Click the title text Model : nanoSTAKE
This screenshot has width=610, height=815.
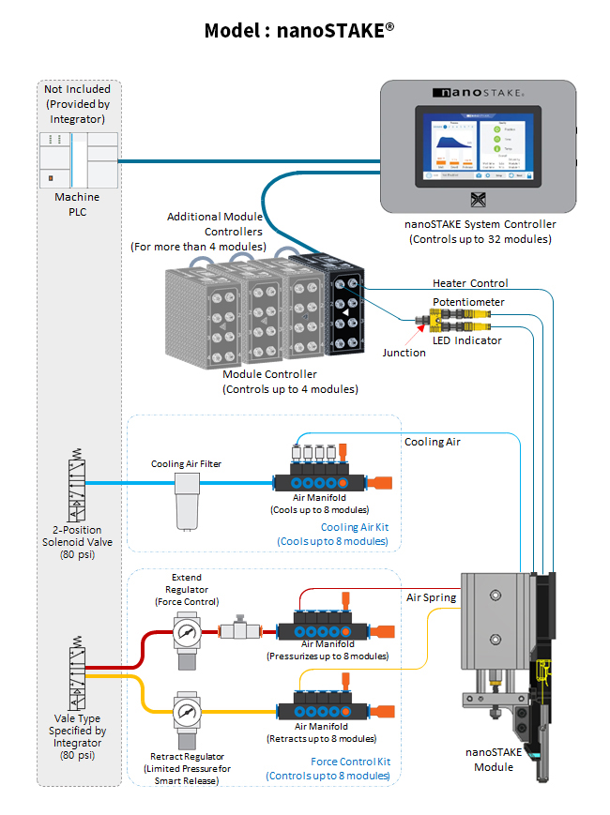click(x=298, y=31)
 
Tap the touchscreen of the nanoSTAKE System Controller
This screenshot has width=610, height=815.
click(x=479, y=147)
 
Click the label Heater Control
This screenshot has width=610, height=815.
click(x=470, y=283)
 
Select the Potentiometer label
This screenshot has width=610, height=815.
click(x=468, y=302)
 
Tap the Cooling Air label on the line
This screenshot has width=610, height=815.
click(x=433, y=442)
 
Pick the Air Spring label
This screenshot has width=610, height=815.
click(x=431, y=597)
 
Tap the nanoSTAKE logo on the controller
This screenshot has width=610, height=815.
click(x=478, y=94)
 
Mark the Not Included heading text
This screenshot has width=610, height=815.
click(x=77, y=89)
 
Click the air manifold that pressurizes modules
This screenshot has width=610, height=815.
click(x=324, y=622)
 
